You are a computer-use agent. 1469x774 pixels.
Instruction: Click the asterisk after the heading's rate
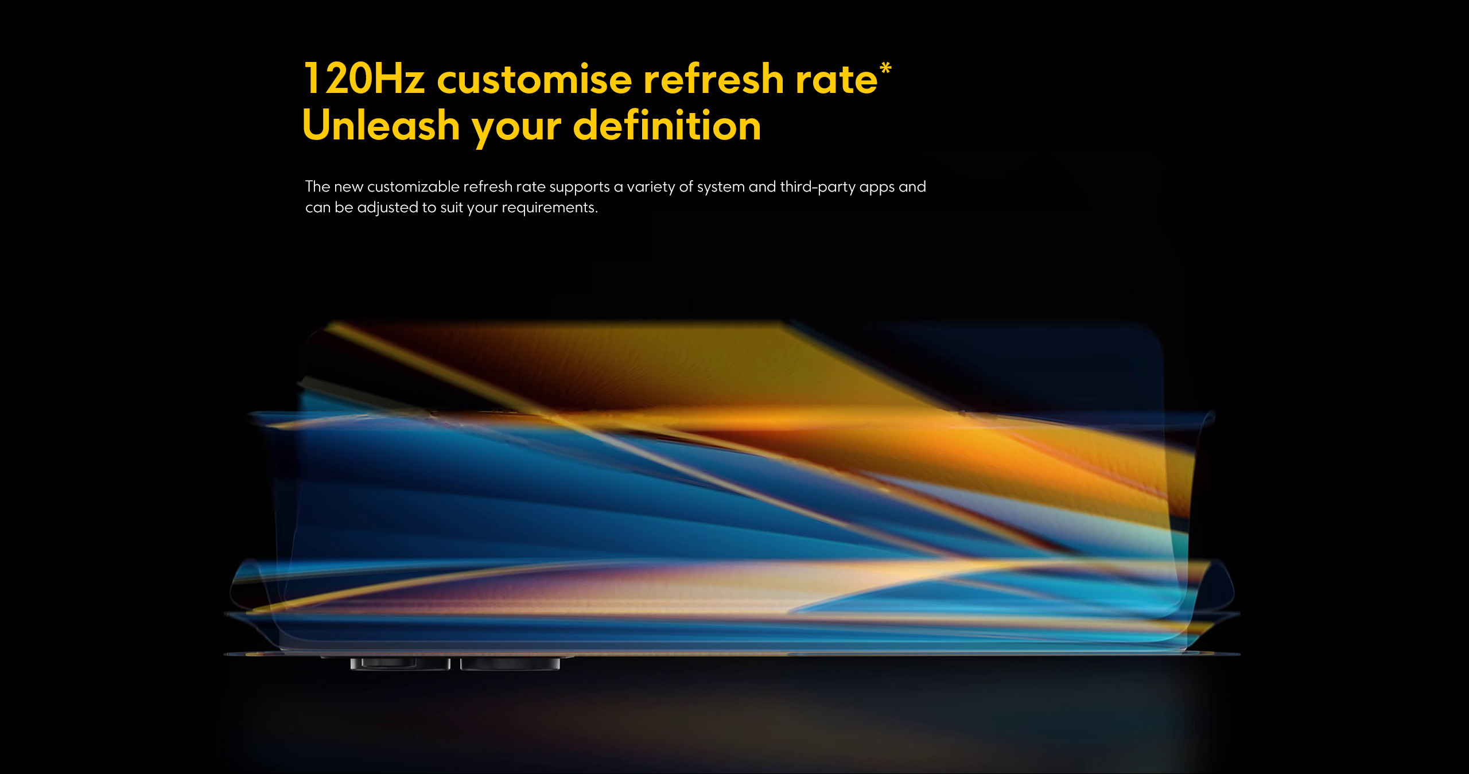point(885,68)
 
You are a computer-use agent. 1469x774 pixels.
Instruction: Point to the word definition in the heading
point(667,125)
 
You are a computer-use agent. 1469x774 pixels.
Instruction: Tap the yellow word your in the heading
point(516,129)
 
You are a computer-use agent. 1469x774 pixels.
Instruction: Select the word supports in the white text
point(580,188)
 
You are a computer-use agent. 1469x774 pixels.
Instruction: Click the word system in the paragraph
point(721,188)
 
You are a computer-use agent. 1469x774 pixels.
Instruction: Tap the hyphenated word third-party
point(818,188)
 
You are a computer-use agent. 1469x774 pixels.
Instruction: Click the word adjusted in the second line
point(388,208)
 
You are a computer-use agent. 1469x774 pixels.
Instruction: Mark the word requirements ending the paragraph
point(550,208)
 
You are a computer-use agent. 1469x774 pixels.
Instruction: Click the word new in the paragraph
point(348,188)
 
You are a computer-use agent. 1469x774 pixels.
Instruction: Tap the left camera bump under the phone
point(400,664)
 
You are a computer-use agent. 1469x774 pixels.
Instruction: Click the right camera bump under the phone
point(510,664)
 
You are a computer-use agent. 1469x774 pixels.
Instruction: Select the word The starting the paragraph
point(317,186)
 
